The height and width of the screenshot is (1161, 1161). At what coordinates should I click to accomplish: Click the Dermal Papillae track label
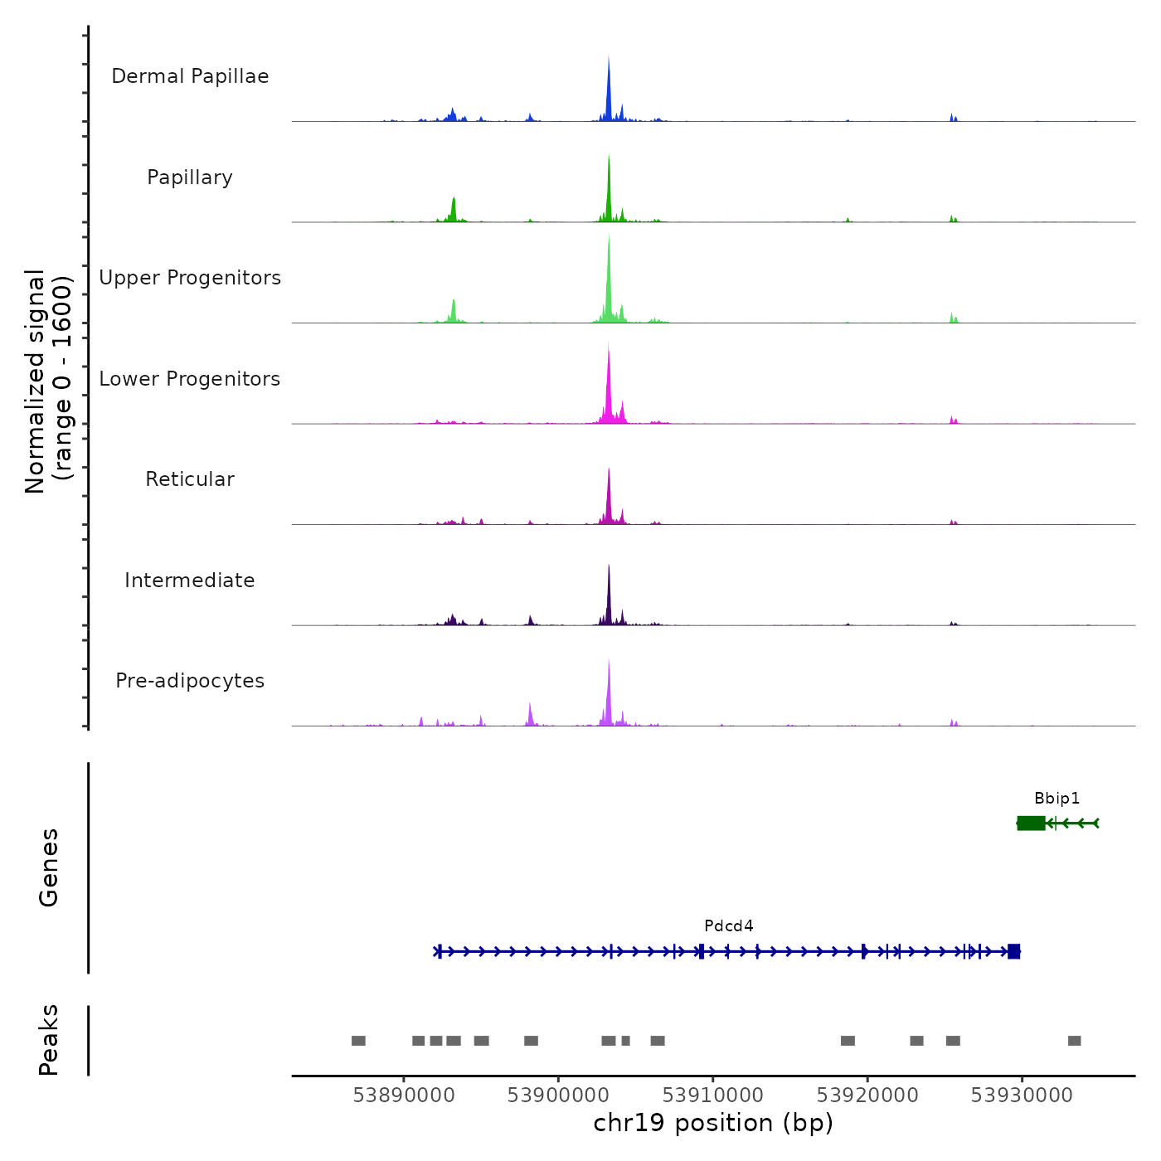click(x=190, y=76)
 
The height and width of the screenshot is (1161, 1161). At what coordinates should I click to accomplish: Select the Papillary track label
click(x=190, y=177)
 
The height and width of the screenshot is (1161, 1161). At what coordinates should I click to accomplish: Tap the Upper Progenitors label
click(x=190, y=278)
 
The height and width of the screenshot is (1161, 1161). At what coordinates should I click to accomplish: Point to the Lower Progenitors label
click(x=190, y=379)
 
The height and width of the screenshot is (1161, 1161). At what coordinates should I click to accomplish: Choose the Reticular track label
click(x=190, y=479)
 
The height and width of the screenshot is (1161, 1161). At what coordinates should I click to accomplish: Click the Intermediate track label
click(x=190, y=580)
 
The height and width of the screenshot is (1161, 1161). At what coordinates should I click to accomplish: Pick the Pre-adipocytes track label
click(x=190, y=681)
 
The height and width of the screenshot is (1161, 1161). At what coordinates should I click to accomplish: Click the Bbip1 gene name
click(x=1057, y=799)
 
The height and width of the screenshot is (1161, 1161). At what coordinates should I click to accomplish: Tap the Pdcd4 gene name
click(x=729, y=926)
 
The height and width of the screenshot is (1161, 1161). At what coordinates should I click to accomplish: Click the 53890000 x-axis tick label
click(x=404, y=1095)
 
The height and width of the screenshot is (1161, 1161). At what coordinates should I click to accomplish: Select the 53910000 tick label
click(x=713, y=1095)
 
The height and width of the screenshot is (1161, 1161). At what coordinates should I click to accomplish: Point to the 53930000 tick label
click(x=1022, y=1095)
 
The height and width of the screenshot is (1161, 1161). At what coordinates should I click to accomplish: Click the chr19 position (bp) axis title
click(x=713, y=1123)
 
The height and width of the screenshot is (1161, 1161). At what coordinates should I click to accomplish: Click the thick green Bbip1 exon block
click(x=1031, y=823)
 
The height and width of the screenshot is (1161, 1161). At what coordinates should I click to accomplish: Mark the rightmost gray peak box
click(x=1074, y=1041)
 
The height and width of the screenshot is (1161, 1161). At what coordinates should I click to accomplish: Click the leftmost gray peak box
click(x=358, y=1041)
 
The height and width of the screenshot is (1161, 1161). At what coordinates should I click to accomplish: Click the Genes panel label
click(x=49, y=867)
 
